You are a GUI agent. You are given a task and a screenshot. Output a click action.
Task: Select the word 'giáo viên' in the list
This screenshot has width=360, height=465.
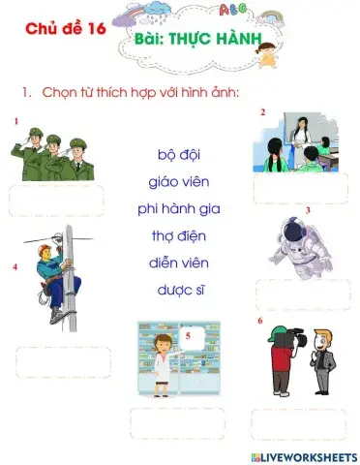coord(179,181)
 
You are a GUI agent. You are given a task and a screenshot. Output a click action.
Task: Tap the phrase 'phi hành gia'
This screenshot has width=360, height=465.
coord(179,208)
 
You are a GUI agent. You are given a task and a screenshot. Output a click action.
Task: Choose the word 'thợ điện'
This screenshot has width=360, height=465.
coord(179,235)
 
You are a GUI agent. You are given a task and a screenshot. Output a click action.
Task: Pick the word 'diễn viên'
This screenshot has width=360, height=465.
coord(179,263)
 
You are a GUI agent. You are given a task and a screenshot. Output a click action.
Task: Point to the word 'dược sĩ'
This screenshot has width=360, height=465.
coord(179,290)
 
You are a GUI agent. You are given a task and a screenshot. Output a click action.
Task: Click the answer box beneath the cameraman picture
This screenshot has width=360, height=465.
coord(297,423)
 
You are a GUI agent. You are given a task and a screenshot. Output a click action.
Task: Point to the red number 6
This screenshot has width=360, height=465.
coord(259,321)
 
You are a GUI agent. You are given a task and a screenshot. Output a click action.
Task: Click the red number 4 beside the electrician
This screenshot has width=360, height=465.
coord(15,265)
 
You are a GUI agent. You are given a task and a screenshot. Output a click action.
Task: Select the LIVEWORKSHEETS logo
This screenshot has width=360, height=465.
coord(303,455)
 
